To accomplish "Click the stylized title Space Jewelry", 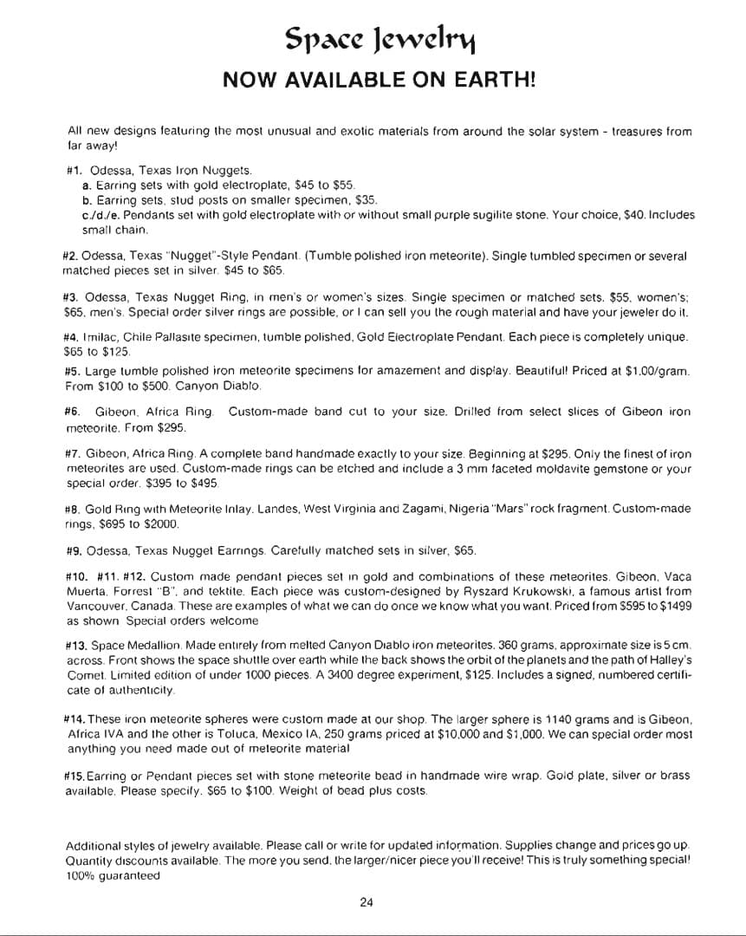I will [380, 38].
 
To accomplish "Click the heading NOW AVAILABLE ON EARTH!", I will [379, 81].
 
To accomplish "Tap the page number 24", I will [366, 902].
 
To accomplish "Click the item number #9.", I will [75, 550].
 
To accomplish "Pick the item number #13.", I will [76, 646].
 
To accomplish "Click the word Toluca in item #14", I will [217, 733].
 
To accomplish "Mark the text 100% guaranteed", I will [114, 874].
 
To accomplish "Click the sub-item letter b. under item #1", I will [86, 200].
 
